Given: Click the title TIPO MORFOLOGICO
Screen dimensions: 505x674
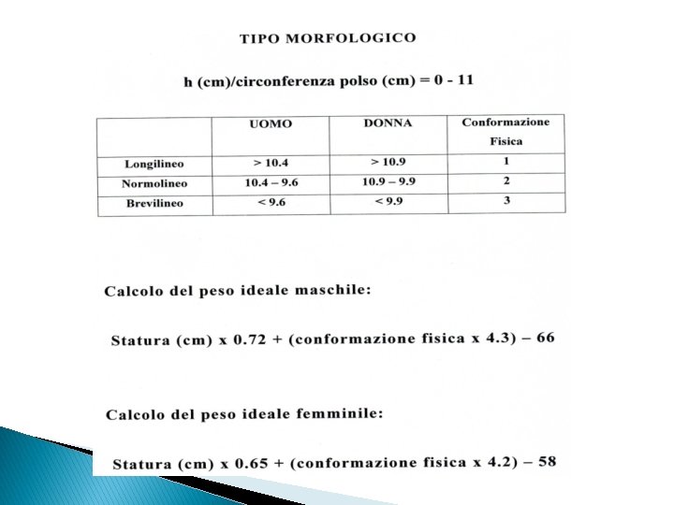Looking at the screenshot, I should pos(328,38).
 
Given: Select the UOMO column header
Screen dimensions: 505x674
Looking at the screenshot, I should pos(270,124).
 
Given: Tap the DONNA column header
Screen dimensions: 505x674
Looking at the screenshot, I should pos(387,123).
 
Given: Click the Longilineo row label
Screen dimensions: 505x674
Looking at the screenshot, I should pos(154,165).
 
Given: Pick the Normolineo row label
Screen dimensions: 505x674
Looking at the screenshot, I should pos(154,184).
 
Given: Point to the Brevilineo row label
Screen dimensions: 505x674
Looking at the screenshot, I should pos(154,203).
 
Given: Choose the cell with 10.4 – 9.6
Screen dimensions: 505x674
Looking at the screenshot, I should pos(271,182).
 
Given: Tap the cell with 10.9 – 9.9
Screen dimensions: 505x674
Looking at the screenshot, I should pos(389,180).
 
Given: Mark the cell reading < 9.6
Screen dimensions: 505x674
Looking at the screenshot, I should pos(270,202).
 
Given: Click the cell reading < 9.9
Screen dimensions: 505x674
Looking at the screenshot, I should pos(389,200).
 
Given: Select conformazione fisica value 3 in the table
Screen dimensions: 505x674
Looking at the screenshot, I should pos(506,199).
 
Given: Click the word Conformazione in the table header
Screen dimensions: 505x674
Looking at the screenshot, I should pos(505,122).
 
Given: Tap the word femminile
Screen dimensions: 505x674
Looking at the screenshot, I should pos(339,413).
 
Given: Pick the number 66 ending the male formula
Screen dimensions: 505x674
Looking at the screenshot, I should pos(544,337).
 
